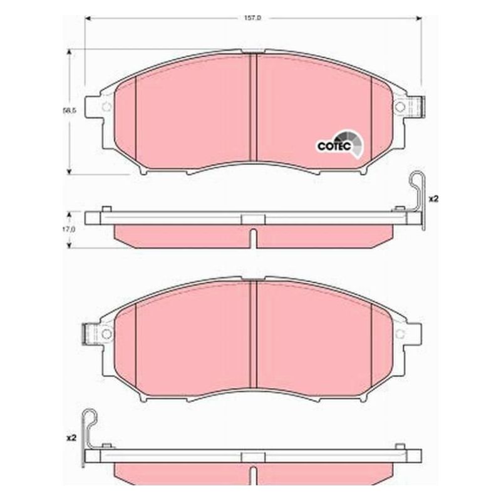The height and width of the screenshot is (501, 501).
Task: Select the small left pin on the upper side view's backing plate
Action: click(106, 209)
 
